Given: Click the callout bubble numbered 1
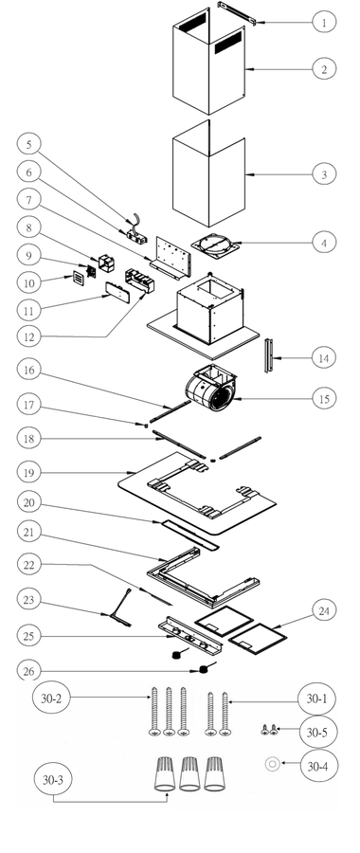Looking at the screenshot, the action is [324, 22].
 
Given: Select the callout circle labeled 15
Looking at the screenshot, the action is [324, 398].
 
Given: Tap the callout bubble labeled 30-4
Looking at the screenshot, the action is [320, 766].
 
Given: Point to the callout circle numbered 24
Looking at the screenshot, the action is [324, 610].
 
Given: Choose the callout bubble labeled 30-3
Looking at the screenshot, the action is [53, 779].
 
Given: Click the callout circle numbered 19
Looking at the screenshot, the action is [28, 472].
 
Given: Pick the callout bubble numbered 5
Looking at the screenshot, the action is [28, 144].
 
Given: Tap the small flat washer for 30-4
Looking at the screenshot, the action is [272, 764].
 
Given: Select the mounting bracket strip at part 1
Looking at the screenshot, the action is [237, 12].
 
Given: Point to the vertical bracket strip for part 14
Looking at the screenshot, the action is [267, 355].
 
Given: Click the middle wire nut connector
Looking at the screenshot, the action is [190, 773].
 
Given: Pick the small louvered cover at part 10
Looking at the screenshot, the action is [79, 279].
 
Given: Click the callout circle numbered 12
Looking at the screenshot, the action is [28, 337].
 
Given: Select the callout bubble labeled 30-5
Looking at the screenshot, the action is [318, 733].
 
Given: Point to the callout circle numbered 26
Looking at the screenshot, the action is [28, 671].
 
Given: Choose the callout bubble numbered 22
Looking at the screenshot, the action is [28, 565].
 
